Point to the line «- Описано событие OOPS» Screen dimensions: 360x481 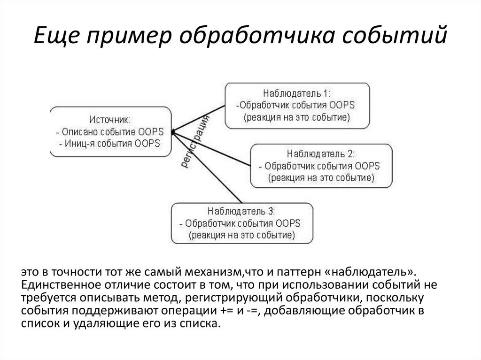109,131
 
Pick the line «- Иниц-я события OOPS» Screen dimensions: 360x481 109,143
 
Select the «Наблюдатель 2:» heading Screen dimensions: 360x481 321,154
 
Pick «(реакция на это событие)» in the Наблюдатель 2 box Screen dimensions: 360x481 321,178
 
